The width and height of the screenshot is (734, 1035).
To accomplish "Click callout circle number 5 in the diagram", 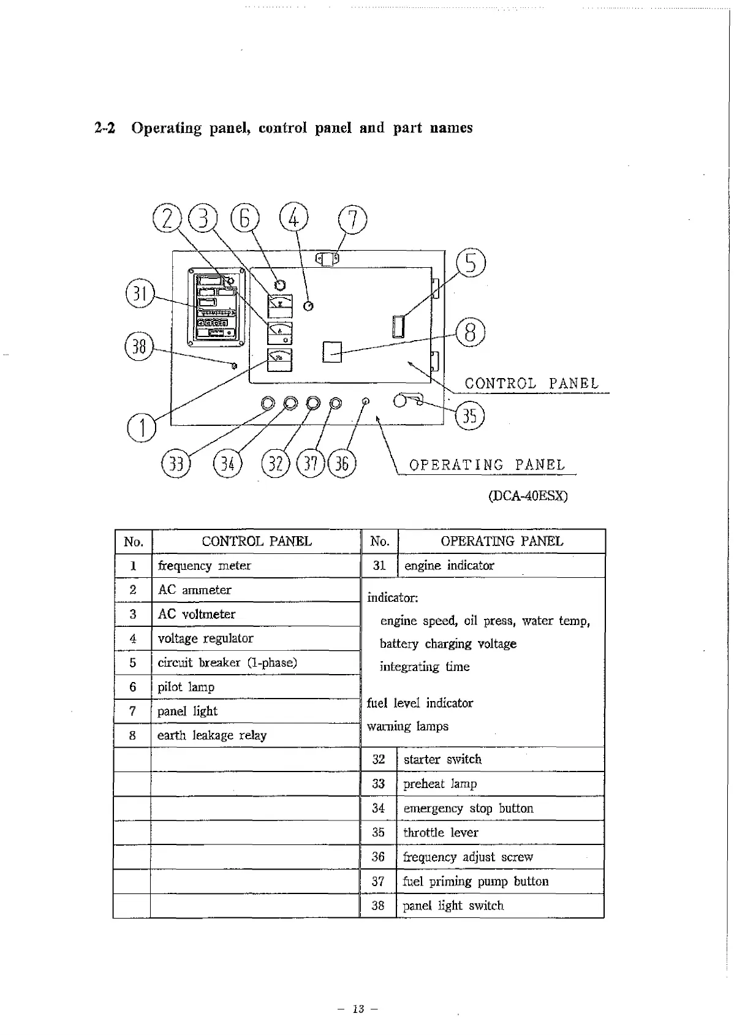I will (471, 263).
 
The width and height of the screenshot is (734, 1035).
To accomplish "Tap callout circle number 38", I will (139, 347).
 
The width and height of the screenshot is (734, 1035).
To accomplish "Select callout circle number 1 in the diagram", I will (142, 427).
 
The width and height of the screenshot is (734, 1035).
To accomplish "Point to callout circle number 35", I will (470, 416).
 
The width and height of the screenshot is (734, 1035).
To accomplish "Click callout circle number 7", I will (353, 220).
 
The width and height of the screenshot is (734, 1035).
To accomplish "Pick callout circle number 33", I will (176, 463).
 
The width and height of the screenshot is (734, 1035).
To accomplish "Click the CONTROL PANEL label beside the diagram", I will (531, 384).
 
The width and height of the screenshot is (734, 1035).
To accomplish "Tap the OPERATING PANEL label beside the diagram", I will (487, 464).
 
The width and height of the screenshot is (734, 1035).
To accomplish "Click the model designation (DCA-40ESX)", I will (528, 496).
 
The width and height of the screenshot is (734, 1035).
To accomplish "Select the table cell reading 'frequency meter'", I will (205, 566).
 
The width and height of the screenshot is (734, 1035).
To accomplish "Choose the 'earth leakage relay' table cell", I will (212, 735).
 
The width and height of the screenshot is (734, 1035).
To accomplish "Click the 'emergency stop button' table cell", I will (468, 808).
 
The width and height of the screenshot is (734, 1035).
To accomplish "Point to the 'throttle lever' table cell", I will (441, 833).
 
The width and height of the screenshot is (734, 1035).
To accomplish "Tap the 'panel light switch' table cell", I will (453, 906).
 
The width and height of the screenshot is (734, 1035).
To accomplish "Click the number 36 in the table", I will (378, 857).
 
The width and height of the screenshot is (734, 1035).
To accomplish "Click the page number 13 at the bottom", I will (358, 1009).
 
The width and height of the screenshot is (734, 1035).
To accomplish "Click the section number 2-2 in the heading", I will (105, 128).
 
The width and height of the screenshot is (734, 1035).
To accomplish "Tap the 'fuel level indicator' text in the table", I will (420, 703).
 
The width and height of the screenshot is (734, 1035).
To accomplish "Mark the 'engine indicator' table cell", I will (449, 566).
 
